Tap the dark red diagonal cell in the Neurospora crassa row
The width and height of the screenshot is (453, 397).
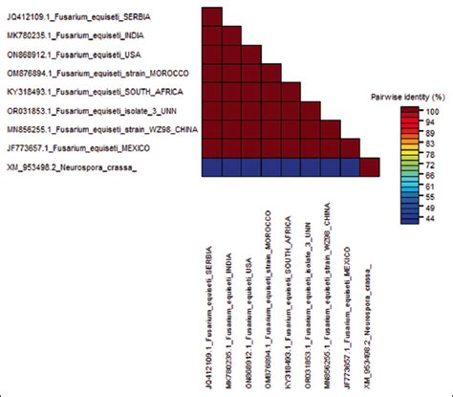click(370, 166)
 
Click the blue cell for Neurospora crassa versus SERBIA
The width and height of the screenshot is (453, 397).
click(213, 166)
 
